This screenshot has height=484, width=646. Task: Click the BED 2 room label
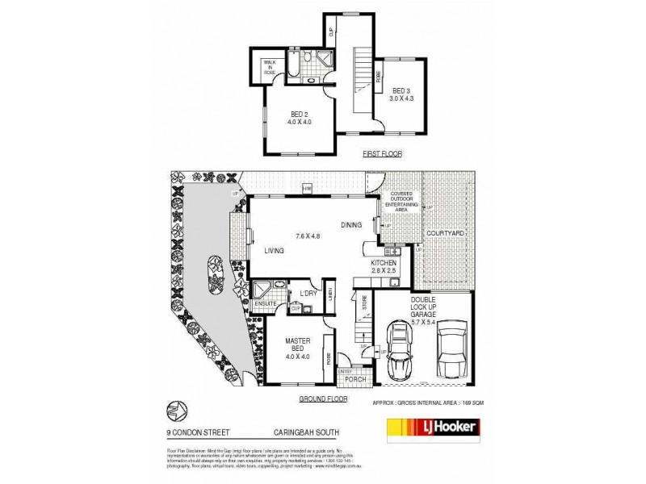click(299, 114)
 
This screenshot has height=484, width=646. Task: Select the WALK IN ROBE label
click(268, 69)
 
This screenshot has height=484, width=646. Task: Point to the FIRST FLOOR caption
click(382, 152)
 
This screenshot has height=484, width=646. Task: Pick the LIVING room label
click(275, 252)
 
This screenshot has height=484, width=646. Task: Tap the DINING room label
click(350, 225)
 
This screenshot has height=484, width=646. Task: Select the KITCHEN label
click(382, 263)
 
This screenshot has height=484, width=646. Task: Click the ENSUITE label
click(266, 304)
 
